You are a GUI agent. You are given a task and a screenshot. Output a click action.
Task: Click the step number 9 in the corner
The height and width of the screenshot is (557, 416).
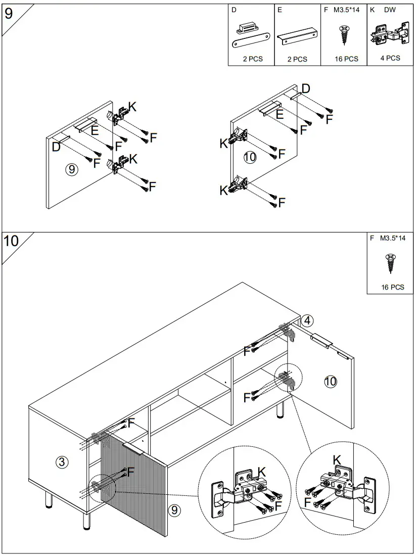(x=9, y=13)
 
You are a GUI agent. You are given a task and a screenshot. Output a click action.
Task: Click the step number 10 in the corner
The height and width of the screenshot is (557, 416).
(x=11, y=241)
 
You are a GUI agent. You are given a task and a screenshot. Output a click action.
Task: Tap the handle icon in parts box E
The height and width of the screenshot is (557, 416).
(x=297, y=36)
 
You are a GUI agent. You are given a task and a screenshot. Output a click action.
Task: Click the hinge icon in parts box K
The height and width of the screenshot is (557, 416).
(x=389, y=33)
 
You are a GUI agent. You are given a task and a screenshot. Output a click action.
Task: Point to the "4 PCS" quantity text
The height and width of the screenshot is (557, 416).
(x=390, y=58)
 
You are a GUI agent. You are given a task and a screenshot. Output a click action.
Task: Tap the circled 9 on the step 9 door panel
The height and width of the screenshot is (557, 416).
(x=72, y=169)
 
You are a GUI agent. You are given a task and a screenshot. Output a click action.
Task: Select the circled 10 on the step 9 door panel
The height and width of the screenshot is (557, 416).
(x=250, y=157)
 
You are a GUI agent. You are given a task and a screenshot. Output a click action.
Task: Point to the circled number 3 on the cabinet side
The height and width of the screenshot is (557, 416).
(x=61, y=461)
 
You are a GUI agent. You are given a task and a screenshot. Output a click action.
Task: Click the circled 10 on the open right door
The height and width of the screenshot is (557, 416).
(x=330, y=381)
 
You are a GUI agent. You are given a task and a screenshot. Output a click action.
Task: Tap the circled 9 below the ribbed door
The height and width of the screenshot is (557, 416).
(x=174, y=510)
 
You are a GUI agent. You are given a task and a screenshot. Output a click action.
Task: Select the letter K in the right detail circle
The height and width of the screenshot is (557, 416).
(x=337, y=459)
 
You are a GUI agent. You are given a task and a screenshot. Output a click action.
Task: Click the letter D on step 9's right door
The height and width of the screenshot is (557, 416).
(x=305, y=89)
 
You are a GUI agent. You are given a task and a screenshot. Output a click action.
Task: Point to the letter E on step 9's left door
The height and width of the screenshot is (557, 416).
(x=94, y=130)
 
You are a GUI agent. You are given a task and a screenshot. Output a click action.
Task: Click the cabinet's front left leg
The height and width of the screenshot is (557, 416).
(x=85, y=519)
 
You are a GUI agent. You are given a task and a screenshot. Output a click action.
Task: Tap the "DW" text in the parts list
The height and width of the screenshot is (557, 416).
(x=390, y=10)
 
